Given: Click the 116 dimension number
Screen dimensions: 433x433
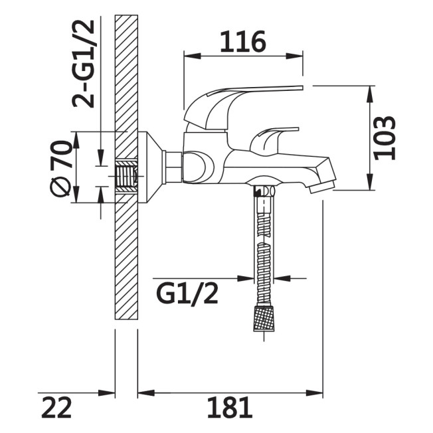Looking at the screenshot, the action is pos(243,42).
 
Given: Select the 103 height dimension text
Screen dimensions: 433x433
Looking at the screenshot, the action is pos(385,138).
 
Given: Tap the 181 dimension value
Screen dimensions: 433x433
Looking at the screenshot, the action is pos(230,407).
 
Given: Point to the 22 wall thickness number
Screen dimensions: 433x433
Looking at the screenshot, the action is pos(56,407).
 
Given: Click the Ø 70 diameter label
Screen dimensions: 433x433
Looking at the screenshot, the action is pos(61,168).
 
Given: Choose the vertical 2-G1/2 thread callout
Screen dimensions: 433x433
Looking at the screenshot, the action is pos(83,63).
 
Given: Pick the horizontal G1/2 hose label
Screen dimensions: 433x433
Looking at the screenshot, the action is pos(187,294).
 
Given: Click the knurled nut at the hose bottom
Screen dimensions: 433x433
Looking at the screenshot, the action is pos(264,317).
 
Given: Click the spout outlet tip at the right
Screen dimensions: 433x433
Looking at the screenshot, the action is pos(323,187).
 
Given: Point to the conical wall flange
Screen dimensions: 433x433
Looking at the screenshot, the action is pos(151,167).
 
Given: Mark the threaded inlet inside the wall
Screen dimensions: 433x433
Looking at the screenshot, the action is pos(126,176).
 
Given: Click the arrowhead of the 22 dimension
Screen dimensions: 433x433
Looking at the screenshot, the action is pos(107,392).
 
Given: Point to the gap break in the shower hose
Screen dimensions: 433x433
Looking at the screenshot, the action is pos(264,240).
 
